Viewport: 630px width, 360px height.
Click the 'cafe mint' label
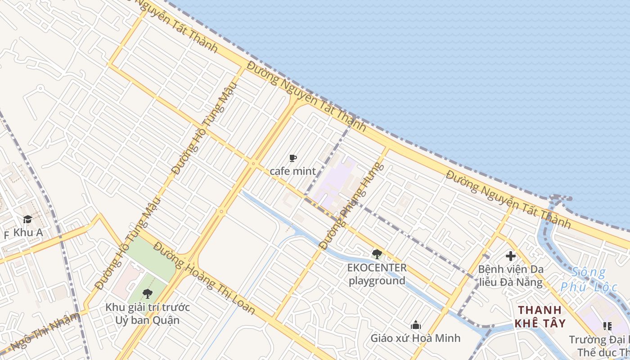pyautogui.click(x=292, y=171)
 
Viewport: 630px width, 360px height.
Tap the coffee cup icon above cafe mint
pyautogui.click(x=292, y=158)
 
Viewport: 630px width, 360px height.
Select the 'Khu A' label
pyautogui.click(x=28, y=233)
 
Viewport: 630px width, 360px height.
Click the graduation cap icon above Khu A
pyautogui.click(x=27, y=220)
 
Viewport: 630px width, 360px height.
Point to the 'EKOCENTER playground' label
pyautogui.click(x=377, y=274)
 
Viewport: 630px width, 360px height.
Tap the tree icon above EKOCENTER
pyautogui.click(x=377, y=254)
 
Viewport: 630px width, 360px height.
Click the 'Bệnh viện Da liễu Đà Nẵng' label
pyautogui.click(x=510, y=276)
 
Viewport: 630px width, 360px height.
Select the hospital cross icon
pyautogui.click(x=510, y=256)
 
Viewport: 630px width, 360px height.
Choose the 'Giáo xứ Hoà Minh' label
pyautogui.click(x=415, y=338)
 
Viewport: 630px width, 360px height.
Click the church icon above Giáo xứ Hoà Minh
pyautogui.click(x=415, y=325)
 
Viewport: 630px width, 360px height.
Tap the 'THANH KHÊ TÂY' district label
pyautogui.click(x=540, y=316)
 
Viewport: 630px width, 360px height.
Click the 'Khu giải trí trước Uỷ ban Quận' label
pyautogui.click(x=148, y=314)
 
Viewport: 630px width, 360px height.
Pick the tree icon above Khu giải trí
pyautogui.click(x=147, y=294)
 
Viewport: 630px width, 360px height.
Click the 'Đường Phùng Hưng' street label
pyautogui.click(x=352, y=206)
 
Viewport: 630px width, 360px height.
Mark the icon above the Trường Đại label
pyautogui.click(x=607, y=326)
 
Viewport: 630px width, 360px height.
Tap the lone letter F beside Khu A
pyautogui.click(x=6, y=235)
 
